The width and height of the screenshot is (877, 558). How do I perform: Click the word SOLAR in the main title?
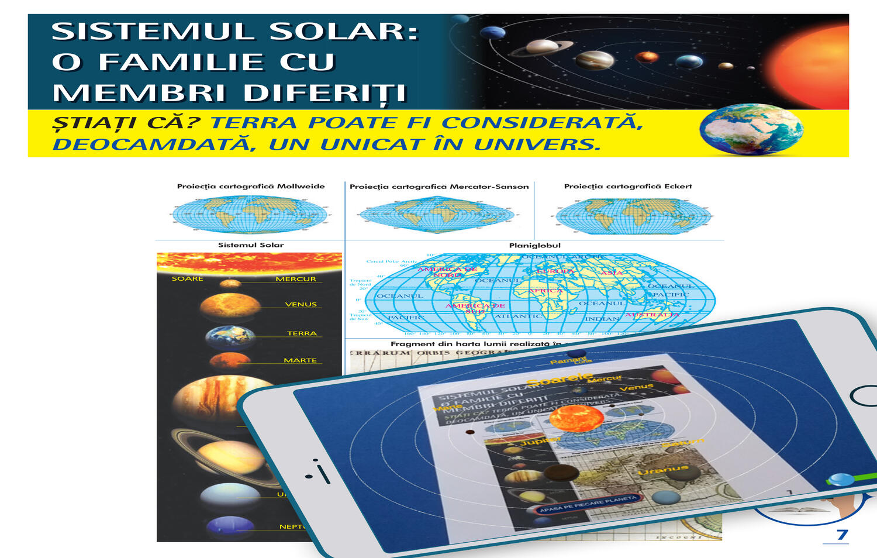coord(344,32)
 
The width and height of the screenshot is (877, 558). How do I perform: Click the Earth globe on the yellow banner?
coord(751,130)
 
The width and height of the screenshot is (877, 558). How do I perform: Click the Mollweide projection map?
coord(250,214)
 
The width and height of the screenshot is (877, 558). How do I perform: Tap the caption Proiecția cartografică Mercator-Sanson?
coord(439,187)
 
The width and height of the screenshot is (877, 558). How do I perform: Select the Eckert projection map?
coord(633,216)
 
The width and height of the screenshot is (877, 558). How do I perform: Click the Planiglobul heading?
coord(534,246)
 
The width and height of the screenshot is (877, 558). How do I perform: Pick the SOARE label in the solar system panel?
coord(187,279)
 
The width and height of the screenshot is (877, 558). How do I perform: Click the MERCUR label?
coord(296,279)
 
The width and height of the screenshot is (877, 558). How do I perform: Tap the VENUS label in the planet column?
coord(301,304)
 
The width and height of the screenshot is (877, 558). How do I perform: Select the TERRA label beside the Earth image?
coord(302,333)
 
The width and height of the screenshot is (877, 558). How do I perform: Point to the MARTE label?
coord(300,360)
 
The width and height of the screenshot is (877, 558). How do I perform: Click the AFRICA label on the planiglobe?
coord(545,291)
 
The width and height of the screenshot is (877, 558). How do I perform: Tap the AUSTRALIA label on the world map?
coord(652,315)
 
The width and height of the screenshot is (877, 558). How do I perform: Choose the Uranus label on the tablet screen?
coord(662,470)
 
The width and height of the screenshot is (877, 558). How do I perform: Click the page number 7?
coord(842,535)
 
